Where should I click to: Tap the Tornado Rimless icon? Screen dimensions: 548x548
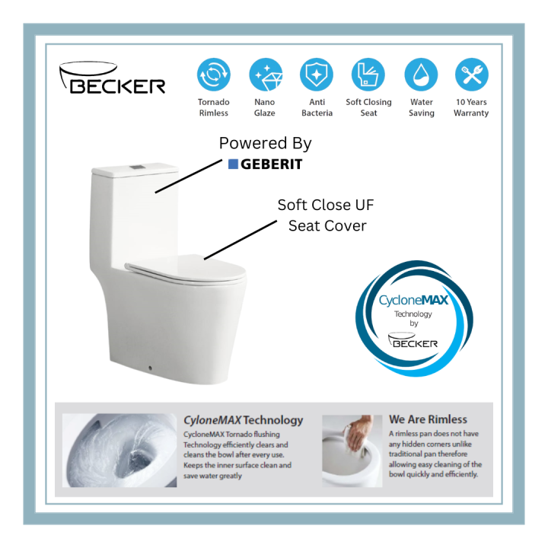(x=213, y=75)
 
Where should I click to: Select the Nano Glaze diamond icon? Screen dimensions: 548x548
(x=265, y=75)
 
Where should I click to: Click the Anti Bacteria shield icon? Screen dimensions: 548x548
(x=317, y=75)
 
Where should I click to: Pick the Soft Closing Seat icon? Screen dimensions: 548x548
(x=368, y=75)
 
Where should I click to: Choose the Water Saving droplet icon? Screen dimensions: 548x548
(x=421, y=75)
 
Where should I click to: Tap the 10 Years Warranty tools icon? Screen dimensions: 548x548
(x=471, y=75)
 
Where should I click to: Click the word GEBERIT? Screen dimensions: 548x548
(x=272, y=164)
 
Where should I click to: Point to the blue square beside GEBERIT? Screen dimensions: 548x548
(x=234, y=164)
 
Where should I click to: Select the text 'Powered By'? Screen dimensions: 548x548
(x=265, y=143)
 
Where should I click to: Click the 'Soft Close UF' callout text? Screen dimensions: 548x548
(x=326, y=205)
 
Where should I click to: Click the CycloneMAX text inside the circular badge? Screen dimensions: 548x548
(x=413, y=301)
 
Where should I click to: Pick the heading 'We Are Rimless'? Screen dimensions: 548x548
(x=428, y=419)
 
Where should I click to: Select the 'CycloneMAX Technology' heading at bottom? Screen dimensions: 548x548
(x=243, y=419)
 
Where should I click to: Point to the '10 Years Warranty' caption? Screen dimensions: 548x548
(x=471, y=107)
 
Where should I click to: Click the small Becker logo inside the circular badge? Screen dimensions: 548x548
(x=413, y=340)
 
